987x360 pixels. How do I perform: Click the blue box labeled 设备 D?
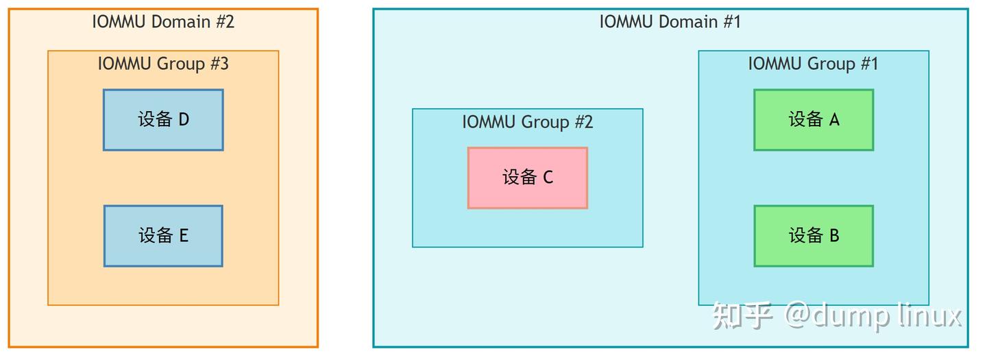[x=163, y=120]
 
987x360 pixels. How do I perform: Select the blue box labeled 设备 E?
[x=163, y=236]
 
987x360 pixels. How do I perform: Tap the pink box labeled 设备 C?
[x=528, y=178]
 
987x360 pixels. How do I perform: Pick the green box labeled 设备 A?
[x=814, y=120]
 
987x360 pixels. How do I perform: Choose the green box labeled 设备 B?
[x=814, y=236]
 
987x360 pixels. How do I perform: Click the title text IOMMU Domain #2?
[x=163, y=21]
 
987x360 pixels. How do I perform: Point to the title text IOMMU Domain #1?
[x=670, y=21]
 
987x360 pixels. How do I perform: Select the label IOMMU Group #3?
[x=163, y=64]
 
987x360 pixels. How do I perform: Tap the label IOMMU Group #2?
[x=527, y=122]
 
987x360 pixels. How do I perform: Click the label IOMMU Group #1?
[x=813, y=64]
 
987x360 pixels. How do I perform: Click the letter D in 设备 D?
[x=184, y=120]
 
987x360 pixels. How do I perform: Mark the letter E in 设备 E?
[x=184, y=236]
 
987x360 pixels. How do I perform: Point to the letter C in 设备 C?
[x=548, y=178]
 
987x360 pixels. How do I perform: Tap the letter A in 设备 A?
[x=834, y=120]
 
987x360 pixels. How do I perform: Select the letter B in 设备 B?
[x=834, y=236]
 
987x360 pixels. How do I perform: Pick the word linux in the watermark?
[x=929, y=315]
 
